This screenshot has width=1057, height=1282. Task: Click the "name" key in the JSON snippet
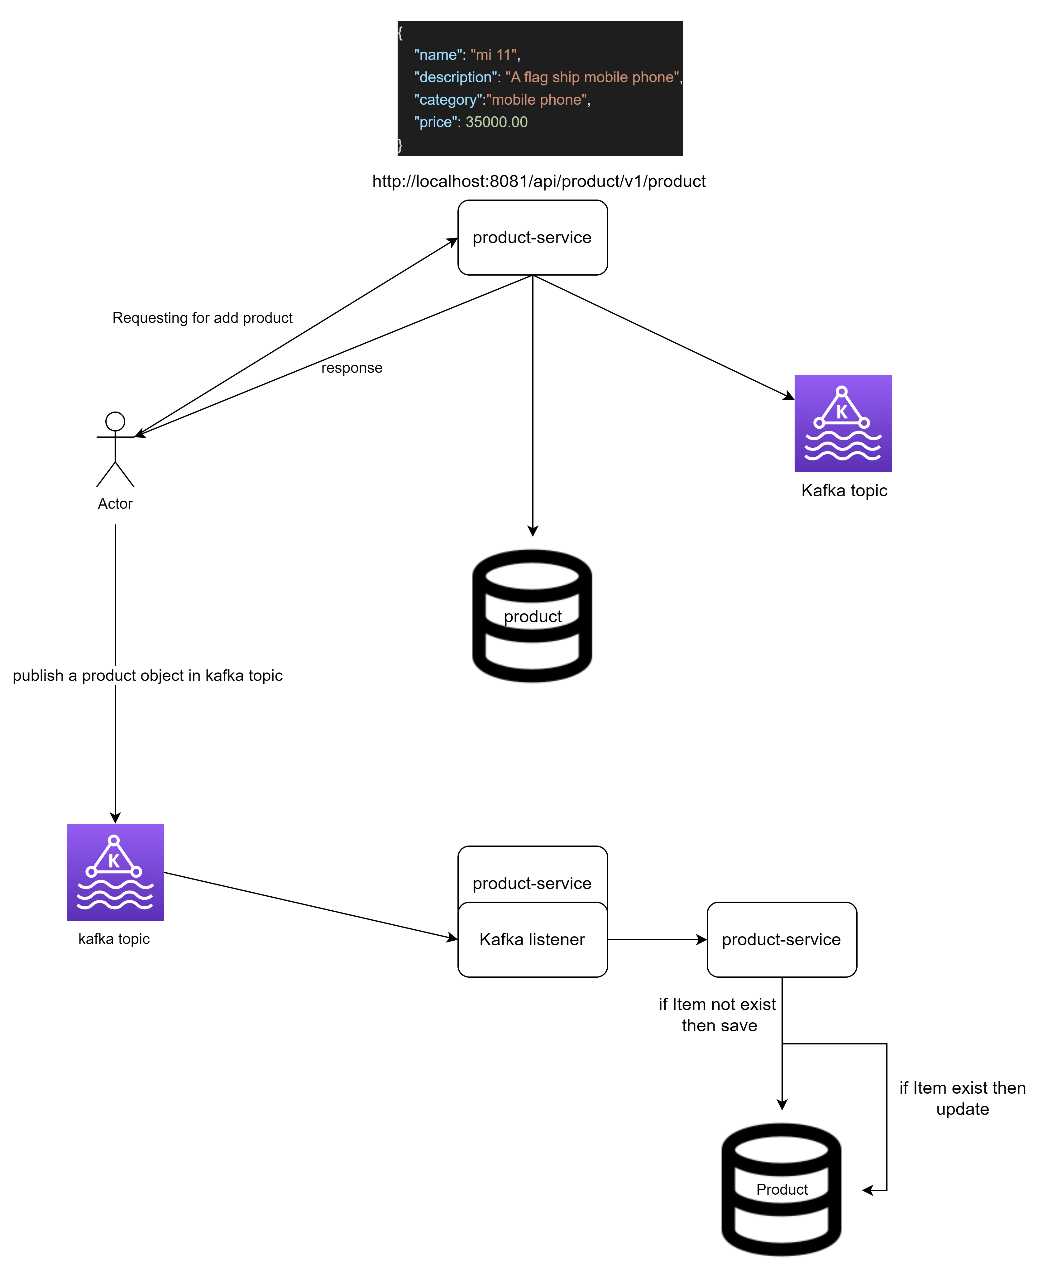[x=435, y=55]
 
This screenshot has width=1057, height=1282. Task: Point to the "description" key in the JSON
[x=455, y=77]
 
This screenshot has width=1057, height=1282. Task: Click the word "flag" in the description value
[x=536, y=77]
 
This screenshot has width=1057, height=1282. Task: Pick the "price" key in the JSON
[x=435, y=123]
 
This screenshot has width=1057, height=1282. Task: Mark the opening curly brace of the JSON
[x=400, y=33]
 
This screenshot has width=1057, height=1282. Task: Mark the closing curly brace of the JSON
[x=400, y=145]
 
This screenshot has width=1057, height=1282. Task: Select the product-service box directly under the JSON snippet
[x=532, y=238]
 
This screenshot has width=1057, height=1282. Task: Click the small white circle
[x=115, y=422]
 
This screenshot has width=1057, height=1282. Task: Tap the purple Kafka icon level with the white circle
[x=843, y=423]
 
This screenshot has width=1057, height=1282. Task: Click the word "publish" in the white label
[x=38, y=675]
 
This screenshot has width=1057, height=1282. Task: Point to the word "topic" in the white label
[x=265, y=675]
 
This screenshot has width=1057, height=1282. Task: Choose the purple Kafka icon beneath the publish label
[x=115, y=872]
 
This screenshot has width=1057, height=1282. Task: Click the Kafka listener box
[x=532, y=940]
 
